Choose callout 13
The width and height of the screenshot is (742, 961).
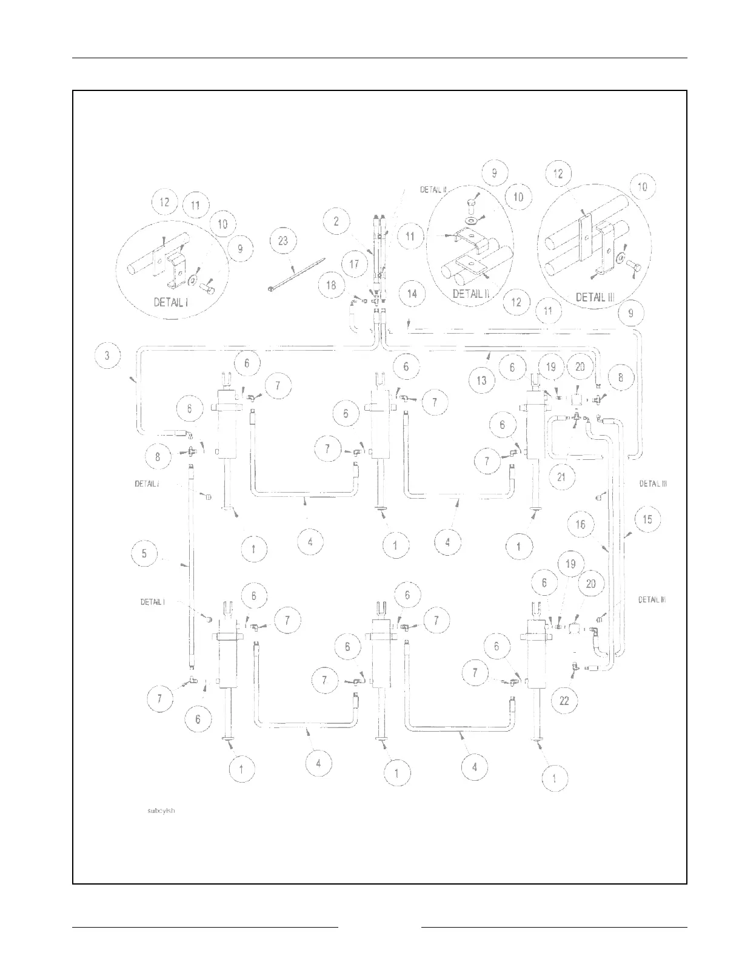click(481, 381)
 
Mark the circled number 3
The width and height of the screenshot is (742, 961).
click(108, 356)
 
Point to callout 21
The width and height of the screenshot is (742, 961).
click(561, 477)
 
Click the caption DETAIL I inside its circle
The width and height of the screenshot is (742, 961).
click(171, 302)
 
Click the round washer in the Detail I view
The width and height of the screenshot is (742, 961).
click(193, 280)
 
